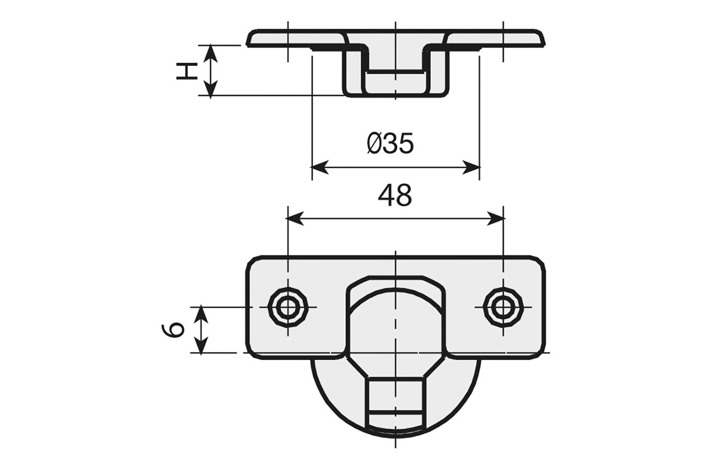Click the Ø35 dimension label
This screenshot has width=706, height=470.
390,143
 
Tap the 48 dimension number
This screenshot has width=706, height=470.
394,196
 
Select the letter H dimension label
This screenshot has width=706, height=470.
186,71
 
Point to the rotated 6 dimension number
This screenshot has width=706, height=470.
172,331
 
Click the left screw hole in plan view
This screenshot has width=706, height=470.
287,307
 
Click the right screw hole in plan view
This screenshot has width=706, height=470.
503,307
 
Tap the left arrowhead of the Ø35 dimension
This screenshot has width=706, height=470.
320,167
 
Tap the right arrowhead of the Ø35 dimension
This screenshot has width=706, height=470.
471,167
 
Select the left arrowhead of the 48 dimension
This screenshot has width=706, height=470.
294,219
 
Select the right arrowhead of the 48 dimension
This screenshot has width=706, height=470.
496,219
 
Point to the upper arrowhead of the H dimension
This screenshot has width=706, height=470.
210,53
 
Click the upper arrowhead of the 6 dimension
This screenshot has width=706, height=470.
201,315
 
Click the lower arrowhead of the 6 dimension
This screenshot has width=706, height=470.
201,345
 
